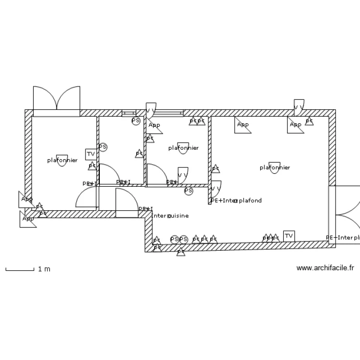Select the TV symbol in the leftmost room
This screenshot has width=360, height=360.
tap(90, 154)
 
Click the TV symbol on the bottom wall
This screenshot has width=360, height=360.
tap(288, 236)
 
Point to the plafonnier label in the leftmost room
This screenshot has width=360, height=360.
tap(62, 160)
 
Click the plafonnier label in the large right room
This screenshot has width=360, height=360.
tap(275, 168)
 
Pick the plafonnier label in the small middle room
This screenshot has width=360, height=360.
tap(183, 148)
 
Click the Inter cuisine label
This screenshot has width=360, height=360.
tap(170, 216)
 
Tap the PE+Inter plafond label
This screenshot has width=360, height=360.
tap(236, 201)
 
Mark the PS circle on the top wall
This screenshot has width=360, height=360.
tap(136, 120)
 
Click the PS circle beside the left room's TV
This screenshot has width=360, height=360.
tap(103, 147)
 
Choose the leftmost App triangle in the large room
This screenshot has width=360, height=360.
tap(242, 125)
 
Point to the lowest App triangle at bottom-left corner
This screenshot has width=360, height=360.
tap(27, 219)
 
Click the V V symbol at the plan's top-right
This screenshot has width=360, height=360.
tap(299, 106)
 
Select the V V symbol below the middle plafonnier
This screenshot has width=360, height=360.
tap(182, 175)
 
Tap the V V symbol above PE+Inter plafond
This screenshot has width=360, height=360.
tap(216, 188)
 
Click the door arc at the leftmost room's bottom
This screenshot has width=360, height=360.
tap(86, 197)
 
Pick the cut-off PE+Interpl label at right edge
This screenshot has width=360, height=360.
tap(343, 238)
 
